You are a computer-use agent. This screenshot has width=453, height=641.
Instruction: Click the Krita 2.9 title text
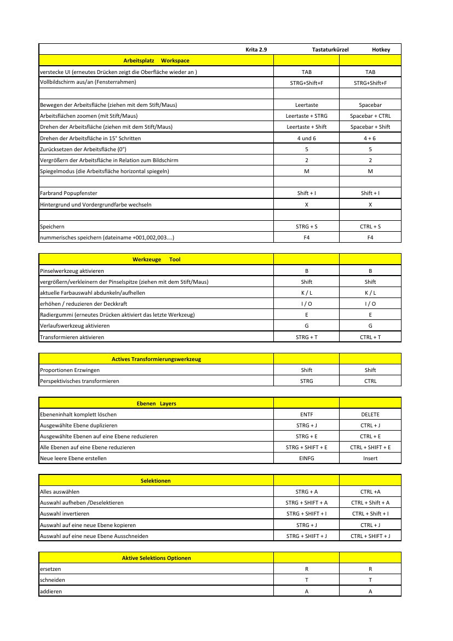pos(256,50)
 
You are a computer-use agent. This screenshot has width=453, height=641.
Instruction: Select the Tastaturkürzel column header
pos(330,50)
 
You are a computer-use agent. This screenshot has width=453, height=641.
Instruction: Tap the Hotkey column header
pos(381,50)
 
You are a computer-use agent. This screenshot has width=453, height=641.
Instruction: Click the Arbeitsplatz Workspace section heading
pos(156,61)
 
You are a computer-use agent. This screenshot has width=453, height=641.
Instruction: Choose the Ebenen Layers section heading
pos(156,404)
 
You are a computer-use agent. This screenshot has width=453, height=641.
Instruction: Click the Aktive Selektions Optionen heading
pos(156,558)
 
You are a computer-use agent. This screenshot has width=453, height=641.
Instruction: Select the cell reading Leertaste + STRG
pos(307,116)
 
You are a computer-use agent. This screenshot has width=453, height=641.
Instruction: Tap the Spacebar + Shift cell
pos(370,127)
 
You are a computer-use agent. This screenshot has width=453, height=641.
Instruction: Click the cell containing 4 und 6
pos(307,139)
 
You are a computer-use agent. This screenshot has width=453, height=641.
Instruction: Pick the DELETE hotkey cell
pos(370,415)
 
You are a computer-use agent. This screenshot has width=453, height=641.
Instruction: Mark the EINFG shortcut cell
pos(307,459)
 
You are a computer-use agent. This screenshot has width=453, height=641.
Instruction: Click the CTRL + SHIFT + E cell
pos(370,448)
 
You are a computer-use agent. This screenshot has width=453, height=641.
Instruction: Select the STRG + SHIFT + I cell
pos(307,514)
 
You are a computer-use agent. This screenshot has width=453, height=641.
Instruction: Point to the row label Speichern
pos(52,226)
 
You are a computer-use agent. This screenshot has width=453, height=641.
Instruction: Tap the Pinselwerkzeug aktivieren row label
pos(72,271)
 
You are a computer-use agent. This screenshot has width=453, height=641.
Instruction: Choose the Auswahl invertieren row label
pos(65,514)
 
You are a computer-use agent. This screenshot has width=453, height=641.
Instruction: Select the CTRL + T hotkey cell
pos(370,337)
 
